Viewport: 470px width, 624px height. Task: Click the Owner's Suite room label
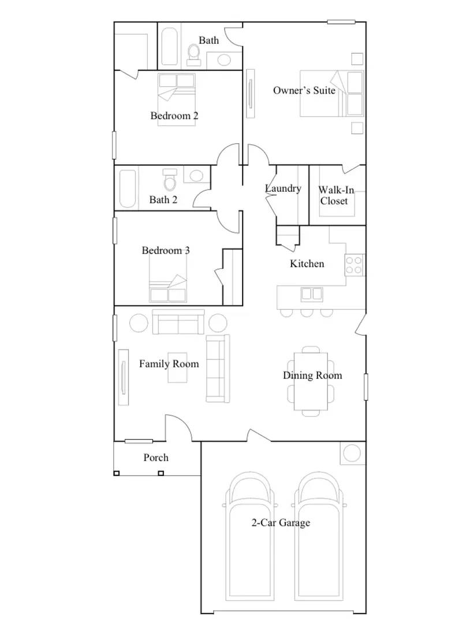(x=304, y=90)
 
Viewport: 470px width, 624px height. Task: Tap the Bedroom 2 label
(x=174, y=116)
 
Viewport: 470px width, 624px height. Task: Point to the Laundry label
(x=283, y=188)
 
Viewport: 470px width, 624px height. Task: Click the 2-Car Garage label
(x=280, y=523)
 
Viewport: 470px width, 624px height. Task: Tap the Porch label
(x=156, y=458)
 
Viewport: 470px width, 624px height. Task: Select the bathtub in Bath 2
(x=128, y=188)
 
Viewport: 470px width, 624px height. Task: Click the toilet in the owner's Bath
(x=193, y=54)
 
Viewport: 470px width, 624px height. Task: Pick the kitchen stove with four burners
(x=353, y=265)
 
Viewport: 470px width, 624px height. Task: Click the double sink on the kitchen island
(x=312, y=294)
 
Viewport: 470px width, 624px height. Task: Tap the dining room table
(x=311, y=381)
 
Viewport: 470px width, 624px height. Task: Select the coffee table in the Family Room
(x=178, y=367)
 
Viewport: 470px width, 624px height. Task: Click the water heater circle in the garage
(x=352, y=454)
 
